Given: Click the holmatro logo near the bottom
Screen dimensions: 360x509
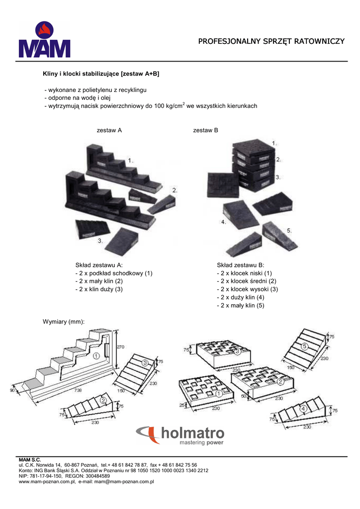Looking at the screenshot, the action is [180, 435].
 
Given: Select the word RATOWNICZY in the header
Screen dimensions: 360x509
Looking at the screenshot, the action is [319, 41].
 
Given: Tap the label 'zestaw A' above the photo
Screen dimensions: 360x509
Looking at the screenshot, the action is [109, 130].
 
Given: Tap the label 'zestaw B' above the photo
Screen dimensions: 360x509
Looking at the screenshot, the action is [205, 130].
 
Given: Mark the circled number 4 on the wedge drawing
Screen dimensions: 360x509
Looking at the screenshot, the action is [303, 409].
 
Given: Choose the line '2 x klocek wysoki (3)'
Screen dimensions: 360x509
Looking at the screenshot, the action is [247, 289].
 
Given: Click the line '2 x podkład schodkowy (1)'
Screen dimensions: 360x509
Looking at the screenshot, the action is [114, 273].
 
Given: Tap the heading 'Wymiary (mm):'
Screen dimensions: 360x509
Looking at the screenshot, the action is [64, 322].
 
